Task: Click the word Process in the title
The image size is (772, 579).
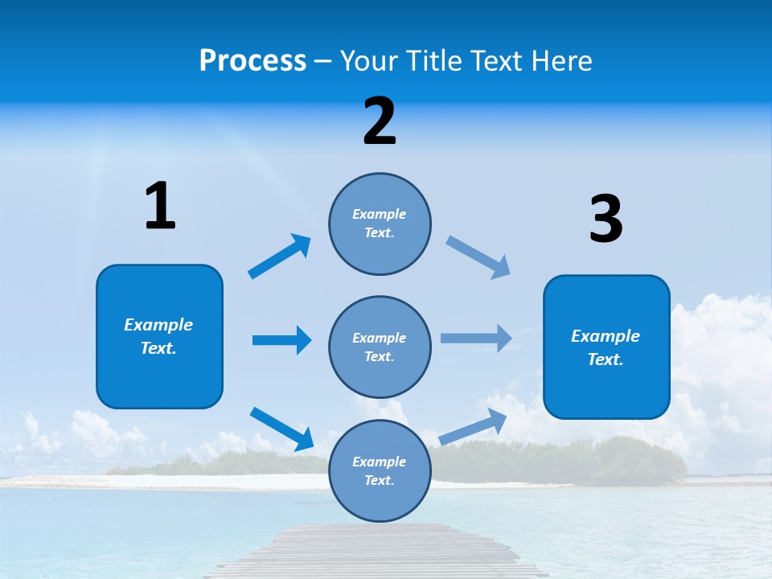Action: [x=253, y=61]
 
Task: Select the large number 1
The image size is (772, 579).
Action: [x=160, y=207]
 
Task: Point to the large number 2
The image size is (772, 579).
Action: [x=380, y=121]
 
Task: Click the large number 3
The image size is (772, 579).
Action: [x=606, y=219]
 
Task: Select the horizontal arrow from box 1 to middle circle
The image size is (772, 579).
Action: [x=281, y=340]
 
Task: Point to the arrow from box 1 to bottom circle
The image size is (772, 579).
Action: [x=281, y=429]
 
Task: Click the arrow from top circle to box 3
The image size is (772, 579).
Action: [x=478, y=257]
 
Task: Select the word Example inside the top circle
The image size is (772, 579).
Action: [x=380, y=214]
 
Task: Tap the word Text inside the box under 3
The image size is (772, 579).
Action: [x=605, y=359]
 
